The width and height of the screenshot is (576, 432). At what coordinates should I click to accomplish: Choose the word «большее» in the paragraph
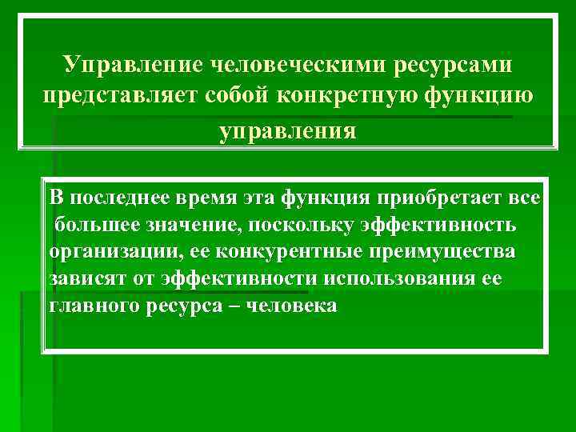pos(98,225)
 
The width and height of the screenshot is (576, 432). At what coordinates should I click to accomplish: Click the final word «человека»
pos(293,306)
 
